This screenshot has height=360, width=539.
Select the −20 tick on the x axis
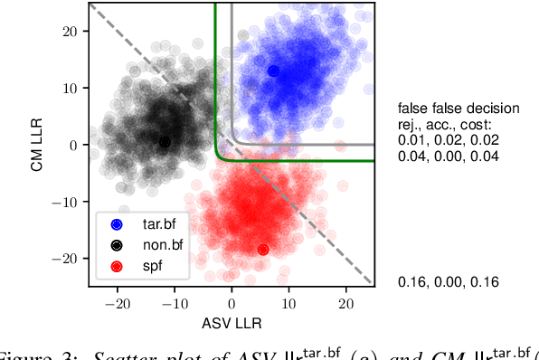(x=118, y=304)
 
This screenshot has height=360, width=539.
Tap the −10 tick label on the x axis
(x=174, y=304)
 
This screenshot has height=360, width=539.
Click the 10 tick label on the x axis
(x=288, y=304)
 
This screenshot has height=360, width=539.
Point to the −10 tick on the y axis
(x=69, y=202)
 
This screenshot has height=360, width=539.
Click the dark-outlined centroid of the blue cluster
(x=274, y=71)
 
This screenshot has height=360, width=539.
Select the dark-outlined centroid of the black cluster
(x=165, y=142)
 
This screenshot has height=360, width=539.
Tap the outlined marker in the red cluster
(x=263, y=250)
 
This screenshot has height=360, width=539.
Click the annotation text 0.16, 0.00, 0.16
(x=449, y=282)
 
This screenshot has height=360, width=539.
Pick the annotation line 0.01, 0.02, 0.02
(x=449, y=139)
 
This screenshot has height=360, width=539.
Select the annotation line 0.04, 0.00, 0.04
(x=449, y=155)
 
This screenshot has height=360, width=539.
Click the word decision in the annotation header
(x=493, y=109)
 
